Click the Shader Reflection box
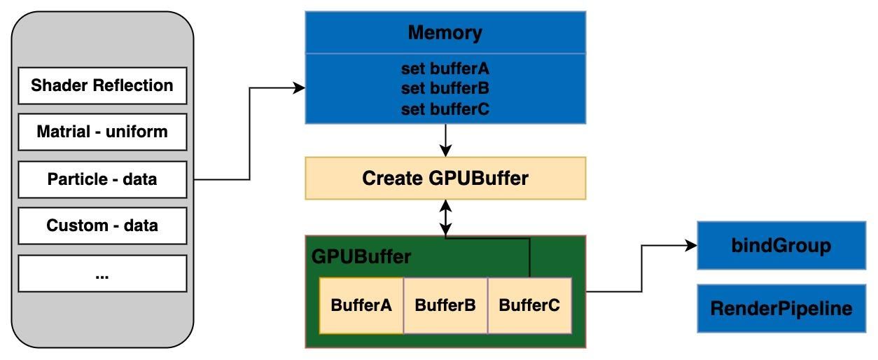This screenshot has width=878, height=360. coord(102,85)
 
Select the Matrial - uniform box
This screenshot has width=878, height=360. coord(102,132)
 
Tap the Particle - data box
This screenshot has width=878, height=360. coord(102,179)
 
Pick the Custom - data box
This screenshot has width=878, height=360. coord(102,226)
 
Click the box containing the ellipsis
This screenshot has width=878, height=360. coord(102,273)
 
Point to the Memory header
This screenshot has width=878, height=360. coord(445,32)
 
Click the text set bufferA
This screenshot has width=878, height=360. coord(445,69)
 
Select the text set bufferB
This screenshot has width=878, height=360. coord(445,89)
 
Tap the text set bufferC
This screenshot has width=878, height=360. coord(445,109)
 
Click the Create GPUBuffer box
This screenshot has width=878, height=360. coord(445,179)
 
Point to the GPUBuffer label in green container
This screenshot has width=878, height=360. coord(361,256)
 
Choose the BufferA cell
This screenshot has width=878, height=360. coord(361,305)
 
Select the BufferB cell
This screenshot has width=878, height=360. coord(445,305)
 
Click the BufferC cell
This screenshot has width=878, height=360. coord(529,305)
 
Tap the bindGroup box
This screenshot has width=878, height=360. coord(781,246)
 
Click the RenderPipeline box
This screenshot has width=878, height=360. coord(781,308)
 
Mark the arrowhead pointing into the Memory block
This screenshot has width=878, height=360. coord(300,88)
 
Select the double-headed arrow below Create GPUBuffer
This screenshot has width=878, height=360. coord(445,218)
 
